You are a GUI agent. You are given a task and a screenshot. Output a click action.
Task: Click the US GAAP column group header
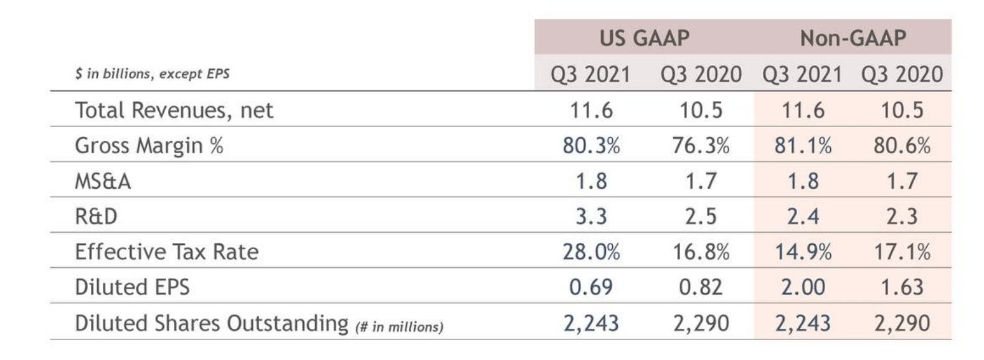(644, 38)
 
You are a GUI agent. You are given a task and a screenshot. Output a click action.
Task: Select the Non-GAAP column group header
(853, 38)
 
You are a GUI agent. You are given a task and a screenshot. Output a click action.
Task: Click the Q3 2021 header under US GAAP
(590, 74)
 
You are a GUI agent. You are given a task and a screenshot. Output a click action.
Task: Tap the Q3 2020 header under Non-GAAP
(902, 74)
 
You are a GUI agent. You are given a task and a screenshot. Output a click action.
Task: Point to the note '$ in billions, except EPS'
(152, 73)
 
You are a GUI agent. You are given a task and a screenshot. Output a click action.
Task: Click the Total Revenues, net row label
(174, 110)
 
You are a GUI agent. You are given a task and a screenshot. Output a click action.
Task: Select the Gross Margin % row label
(149, 146)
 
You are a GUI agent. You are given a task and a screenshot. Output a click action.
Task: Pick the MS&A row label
(103, 181)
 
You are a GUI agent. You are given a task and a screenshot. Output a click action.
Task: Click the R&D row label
(96, 216)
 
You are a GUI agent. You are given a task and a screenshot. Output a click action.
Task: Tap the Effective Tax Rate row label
(166, 252)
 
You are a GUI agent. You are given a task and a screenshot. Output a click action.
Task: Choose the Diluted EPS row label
(132, 287)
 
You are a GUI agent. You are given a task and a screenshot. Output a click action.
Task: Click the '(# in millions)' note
(399, 326)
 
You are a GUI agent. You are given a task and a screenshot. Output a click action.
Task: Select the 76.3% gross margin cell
(701, 146)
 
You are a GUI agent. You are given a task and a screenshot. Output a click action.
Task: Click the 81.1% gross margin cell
(803, 146)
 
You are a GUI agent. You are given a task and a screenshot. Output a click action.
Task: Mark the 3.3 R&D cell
(590, 216)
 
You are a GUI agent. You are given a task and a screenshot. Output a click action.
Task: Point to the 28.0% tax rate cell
(590, 252)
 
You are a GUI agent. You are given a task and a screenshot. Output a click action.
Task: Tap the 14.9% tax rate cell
(803, 252)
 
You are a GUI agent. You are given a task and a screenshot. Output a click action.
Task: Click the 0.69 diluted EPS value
(590, 287)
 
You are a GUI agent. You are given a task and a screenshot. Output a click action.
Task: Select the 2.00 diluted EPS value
(803, 287)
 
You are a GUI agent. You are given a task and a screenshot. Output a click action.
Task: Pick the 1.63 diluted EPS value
(902, 287)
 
